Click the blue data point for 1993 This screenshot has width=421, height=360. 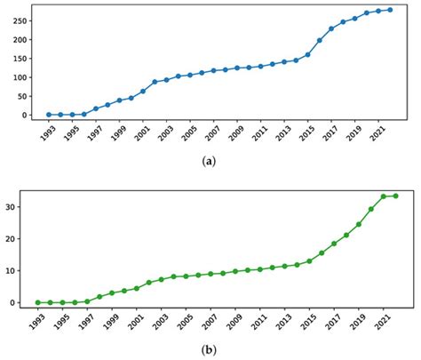(x=49, y=115)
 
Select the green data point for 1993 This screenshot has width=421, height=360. (x=37, y=302)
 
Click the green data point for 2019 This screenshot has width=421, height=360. (x=359, y=224)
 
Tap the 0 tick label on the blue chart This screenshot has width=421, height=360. (x=24, y=115)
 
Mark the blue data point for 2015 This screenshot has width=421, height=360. (x=307, y=54)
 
